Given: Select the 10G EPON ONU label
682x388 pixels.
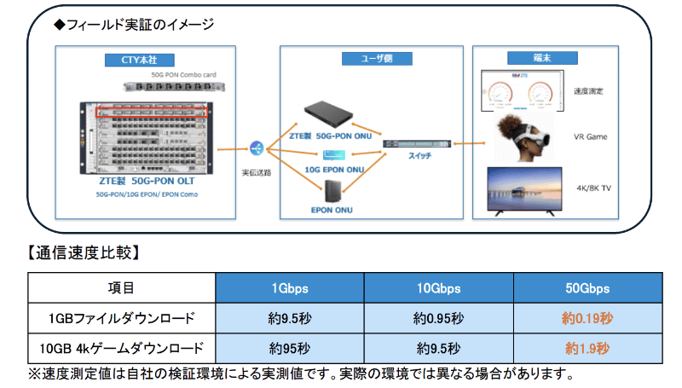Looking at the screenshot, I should click(x=338, y=170).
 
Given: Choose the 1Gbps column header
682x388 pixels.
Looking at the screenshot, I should click(x=290, y=289).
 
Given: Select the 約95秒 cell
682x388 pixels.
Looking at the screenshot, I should click(x=290, y=349).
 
